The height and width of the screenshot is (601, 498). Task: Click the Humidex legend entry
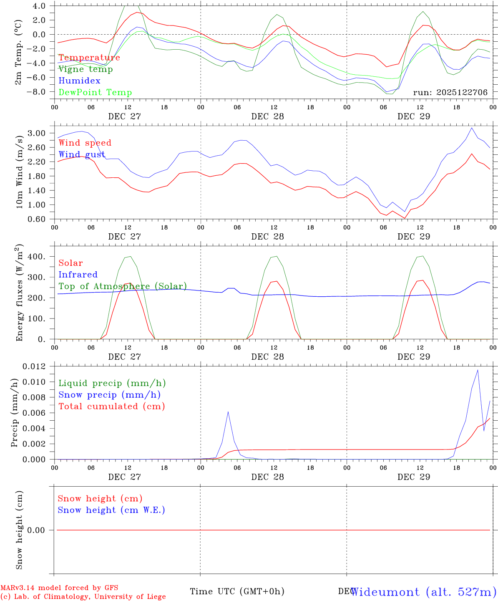[79, 81]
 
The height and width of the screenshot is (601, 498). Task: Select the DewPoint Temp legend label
[95, 93]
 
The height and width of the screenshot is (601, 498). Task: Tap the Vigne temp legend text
[86, 69]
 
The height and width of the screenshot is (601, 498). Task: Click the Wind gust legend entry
[82, 155]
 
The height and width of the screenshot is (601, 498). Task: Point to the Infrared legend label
[78, 275]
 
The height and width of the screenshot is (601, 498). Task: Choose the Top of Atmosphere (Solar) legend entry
[123, 286]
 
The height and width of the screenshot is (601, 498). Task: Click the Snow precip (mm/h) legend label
[109, 395]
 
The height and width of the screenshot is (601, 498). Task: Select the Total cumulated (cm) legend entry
[111, 407]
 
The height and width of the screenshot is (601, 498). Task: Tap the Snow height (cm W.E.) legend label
[111, 510]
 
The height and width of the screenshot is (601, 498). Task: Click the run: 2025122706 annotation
[450, 93]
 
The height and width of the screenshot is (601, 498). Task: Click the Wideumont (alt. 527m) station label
[424, 592]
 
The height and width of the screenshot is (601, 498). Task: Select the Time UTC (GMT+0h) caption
[237, 591]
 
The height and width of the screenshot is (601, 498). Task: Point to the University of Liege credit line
[83, 597]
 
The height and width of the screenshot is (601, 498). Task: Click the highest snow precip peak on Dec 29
[478, 370]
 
